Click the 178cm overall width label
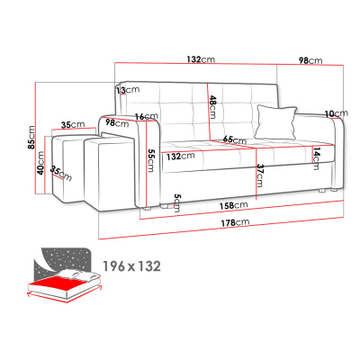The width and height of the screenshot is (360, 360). click(235, 222)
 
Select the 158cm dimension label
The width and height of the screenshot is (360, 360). click(233, 205)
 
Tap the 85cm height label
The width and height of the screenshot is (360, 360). click(31, 137)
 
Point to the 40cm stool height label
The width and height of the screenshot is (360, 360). click(40, 163)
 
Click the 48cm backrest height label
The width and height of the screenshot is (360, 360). click(212, 107)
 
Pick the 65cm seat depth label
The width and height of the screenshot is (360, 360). click(235, 139)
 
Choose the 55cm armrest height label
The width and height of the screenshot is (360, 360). click(150, 160)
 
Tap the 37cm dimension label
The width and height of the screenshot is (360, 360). click(259, 175)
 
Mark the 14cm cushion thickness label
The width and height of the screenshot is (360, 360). click(316, 158)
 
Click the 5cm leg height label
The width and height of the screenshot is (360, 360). click(177, 202)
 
